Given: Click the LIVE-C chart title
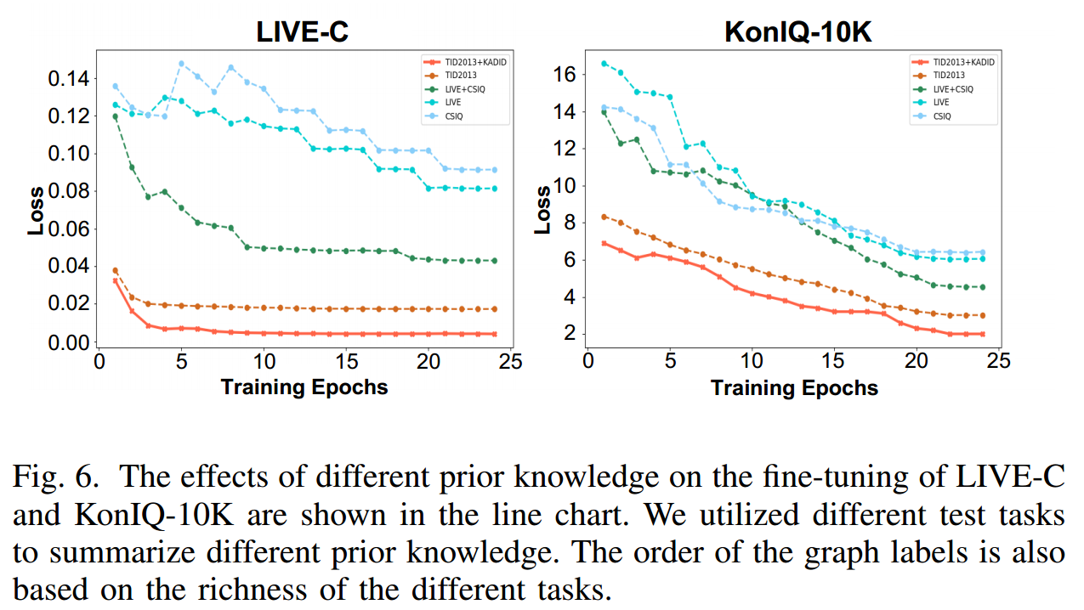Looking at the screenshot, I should [303, 31].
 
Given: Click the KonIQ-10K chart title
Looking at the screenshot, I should [797, 31].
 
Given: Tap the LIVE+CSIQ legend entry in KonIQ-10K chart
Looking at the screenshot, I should [953, 89].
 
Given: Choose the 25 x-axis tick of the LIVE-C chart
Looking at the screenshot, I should [510, 361].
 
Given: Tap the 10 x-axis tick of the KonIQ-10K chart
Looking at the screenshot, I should [752, 361].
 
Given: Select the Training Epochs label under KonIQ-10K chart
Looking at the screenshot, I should [794, 388].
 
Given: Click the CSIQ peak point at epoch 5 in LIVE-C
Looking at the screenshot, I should [181, 64].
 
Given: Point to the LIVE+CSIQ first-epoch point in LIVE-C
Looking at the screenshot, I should [116, 116].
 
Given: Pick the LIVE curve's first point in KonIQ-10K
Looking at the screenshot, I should [604, 63].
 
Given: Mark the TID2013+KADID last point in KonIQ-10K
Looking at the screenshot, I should [982, 334].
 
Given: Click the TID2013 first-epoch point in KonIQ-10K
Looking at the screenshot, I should [604, 217].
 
